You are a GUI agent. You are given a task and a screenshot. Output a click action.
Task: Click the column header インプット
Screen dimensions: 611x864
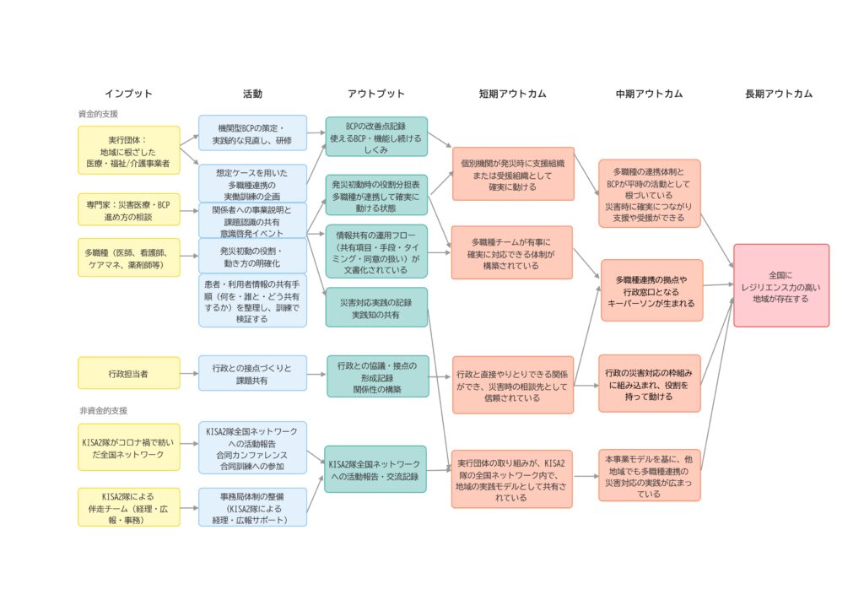[128, 94]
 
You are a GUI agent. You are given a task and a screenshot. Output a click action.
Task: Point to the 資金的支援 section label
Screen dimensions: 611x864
[98, 113]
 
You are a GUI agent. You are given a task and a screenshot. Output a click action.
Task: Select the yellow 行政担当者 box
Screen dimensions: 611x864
[129, 373]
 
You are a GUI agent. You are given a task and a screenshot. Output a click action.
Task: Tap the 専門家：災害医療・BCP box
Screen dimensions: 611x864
[129, 208]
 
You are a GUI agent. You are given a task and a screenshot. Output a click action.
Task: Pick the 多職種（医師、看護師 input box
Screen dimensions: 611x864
[129, 257]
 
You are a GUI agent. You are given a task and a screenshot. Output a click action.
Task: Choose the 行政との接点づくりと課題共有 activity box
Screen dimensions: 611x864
[253, 373]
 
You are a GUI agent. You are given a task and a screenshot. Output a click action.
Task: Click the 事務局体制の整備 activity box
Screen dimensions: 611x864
[253, 507]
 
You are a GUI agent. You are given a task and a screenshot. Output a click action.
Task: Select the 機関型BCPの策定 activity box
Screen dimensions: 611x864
[253, 133]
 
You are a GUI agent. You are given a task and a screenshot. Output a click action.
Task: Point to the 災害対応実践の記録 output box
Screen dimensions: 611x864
[376, 307]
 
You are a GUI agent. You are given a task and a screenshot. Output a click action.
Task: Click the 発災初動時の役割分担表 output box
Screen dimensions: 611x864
[376, 195]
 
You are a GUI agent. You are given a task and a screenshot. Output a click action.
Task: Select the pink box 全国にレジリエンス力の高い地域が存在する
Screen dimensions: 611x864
[781, 285]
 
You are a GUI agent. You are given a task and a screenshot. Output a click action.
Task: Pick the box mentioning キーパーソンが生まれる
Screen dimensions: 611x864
[651, 290]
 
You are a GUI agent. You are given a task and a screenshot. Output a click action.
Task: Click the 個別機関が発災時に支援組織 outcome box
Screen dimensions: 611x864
[513, 174]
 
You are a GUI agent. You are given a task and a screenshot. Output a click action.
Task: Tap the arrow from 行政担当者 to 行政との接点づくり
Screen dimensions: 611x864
[189, 373]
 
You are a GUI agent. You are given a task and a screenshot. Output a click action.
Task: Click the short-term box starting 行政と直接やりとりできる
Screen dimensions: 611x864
[513, 385]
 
